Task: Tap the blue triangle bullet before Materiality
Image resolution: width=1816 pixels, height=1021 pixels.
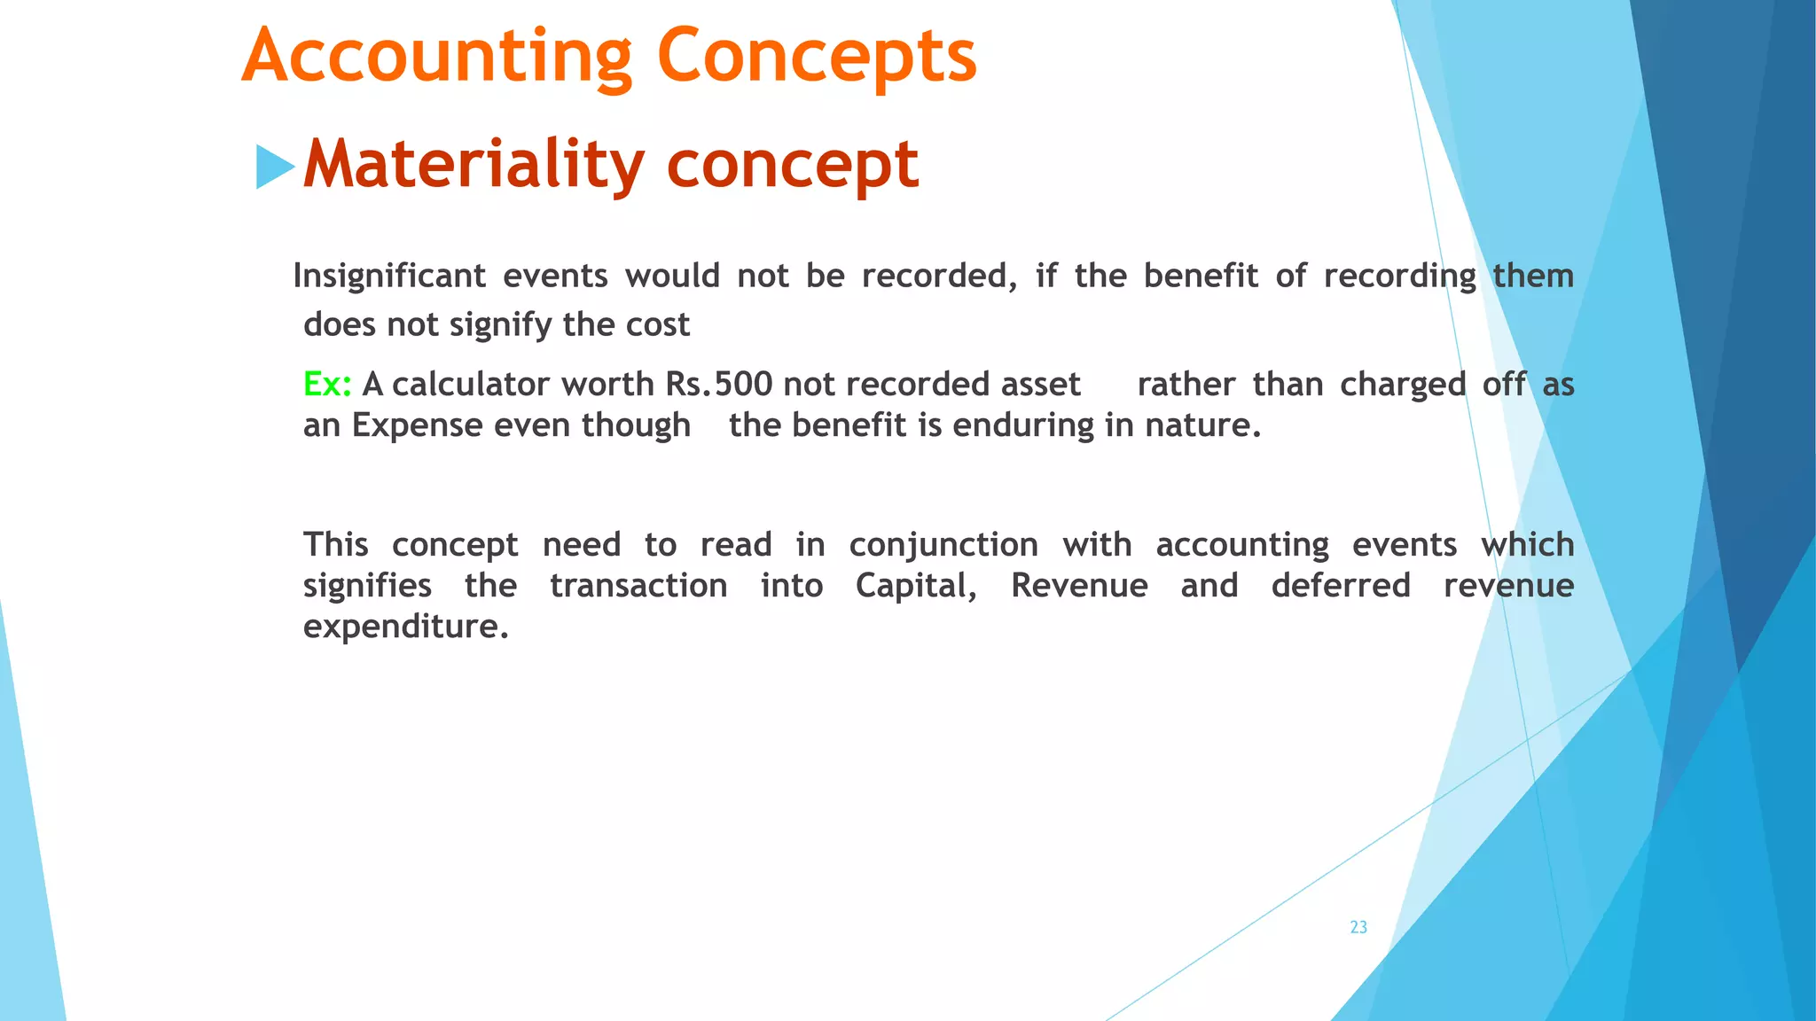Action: tap(274, 167)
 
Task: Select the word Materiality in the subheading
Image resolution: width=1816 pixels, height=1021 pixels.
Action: tap(474, 165)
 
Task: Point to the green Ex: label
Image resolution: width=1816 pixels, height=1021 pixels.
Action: tap(327, 385)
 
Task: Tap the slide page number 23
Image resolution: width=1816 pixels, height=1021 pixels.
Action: tap(1358, 927)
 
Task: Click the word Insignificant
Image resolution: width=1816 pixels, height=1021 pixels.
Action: tap(388, 277)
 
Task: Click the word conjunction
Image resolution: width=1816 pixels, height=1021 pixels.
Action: tap(943, 545)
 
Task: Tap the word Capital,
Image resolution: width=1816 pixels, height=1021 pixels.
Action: tap(916, 586)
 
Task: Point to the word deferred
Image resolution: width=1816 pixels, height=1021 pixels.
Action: tap(1341, 586)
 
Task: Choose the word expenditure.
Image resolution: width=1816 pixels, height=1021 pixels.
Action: tap(405, 627)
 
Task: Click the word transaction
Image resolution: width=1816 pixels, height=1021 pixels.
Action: tap(638, 586)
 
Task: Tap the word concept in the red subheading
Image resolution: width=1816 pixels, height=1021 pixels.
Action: tap(792, 165)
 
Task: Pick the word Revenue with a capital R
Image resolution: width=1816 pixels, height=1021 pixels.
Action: tap(1079, 586)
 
